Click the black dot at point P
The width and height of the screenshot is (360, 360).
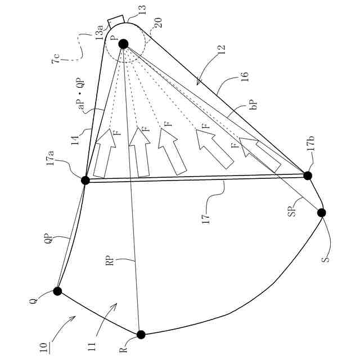point(123,44)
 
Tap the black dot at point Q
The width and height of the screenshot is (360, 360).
point(57,291)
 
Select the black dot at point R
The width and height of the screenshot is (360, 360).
point(141,335)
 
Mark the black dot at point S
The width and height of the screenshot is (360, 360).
point(322,213)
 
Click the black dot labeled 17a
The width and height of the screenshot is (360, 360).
point(85,181)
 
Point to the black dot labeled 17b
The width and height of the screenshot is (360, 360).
point(308,175)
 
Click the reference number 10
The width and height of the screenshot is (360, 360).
point(44,344)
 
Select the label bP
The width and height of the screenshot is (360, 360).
point(253,105)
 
